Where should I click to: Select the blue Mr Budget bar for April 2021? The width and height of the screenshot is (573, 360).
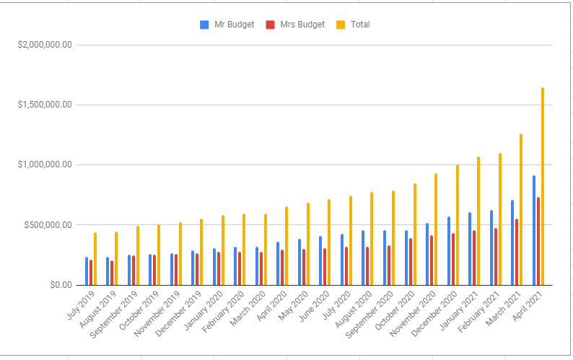534,230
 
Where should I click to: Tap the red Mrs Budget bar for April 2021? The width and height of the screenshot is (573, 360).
538,241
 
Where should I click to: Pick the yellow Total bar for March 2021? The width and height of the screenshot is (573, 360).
521,209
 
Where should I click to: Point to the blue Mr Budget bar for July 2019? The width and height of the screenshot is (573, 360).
87,271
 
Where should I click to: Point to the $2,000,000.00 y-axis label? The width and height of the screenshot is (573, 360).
45,45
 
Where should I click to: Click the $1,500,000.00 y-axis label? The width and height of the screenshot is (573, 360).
45,105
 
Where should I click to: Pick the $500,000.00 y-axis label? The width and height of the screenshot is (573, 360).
48,224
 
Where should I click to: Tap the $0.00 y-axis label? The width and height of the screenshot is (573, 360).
56,285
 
